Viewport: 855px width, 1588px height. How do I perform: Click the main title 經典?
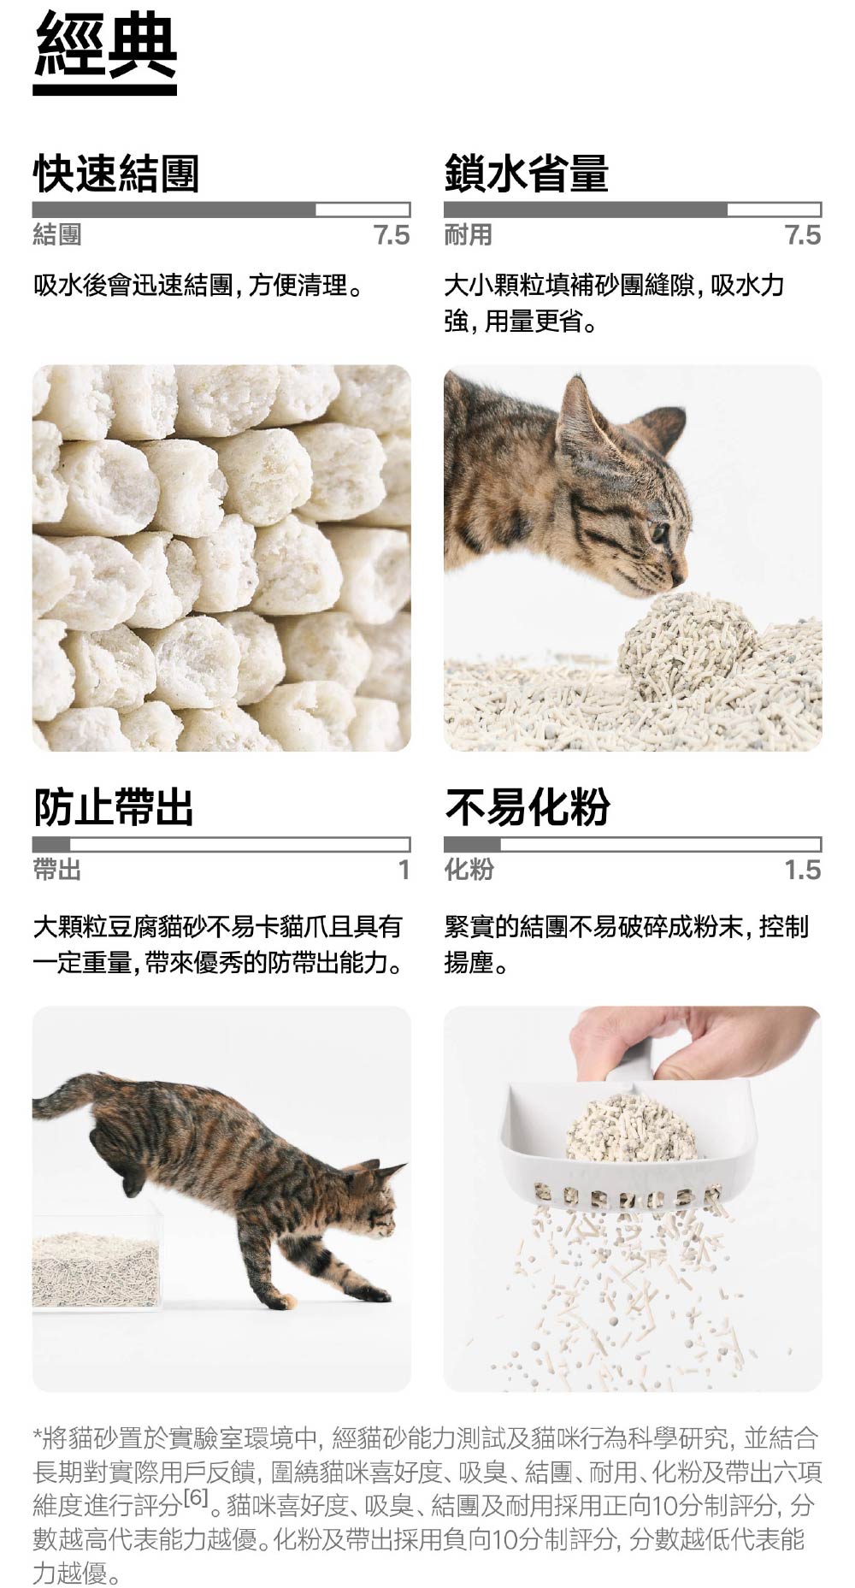point(105,48)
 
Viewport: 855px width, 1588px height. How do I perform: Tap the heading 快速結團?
point(115,174)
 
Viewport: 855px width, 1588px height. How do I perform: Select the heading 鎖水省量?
point(526,174)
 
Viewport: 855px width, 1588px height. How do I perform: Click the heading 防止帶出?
point(113,807)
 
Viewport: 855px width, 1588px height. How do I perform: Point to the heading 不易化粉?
point(527,807)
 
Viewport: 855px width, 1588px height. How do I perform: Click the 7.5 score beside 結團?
point(392,235)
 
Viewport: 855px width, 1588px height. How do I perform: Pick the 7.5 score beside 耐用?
point(803,235)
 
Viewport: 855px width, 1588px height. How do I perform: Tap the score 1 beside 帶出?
point(404,871)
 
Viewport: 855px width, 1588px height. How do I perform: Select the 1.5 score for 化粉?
point(803,871)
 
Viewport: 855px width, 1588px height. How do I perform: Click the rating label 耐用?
point(468,235)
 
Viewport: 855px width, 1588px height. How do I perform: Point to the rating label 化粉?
point(469,871)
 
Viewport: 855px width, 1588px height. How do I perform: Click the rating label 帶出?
point(57,871)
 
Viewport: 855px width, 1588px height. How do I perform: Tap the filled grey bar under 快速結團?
point(174,210)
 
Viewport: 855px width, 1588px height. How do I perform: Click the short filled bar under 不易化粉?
point(472,845)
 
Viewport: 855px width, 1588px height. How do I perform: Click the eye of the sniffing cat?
point(657,534)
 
